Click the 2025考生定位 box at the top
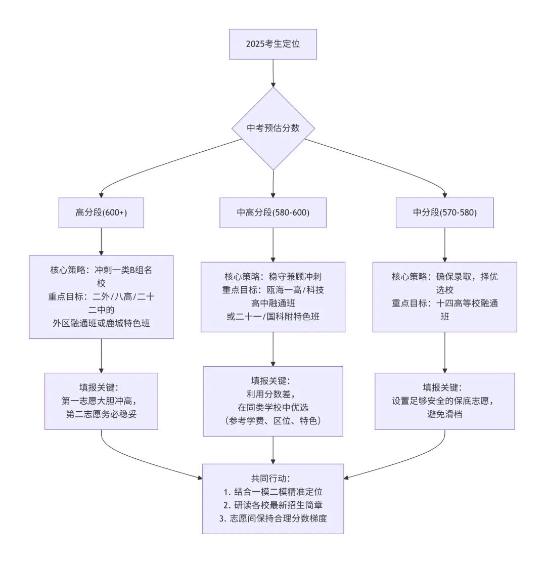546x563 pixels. click(273, 44)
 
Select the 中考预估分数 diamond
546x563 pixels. click(273, 128)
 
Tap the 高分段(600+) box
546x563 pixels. click(101, 212)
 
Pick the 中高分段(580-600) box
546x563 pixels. click(273, 212)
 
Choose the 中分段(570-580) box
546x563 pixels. click(445, 212)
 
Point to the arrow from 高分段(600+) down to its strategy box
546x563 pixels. click(101, 241)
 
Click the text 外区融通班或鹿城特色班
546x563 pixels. click(101, 323)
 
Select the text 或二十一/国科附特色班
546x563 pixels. click(273, 316)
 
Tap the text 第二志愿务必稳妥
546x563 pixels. click(101, 414)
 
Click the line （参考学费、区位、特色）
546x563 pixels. click(273, 421)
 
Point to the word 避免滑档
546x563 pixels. click(445, 414)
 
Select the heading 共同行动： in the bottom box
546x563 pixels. click(273, 478)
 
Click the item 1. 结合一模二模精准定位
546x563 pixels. click(273, 491)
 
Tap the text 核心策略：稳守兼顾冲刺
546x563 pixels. click(273, 277)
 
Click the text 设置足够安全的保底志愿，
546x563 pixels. click(445, 401)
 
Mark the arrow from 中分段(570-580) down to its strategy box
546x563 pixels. click(445, 244)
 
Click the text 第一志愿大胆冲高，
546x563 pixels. click(101, 401)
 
